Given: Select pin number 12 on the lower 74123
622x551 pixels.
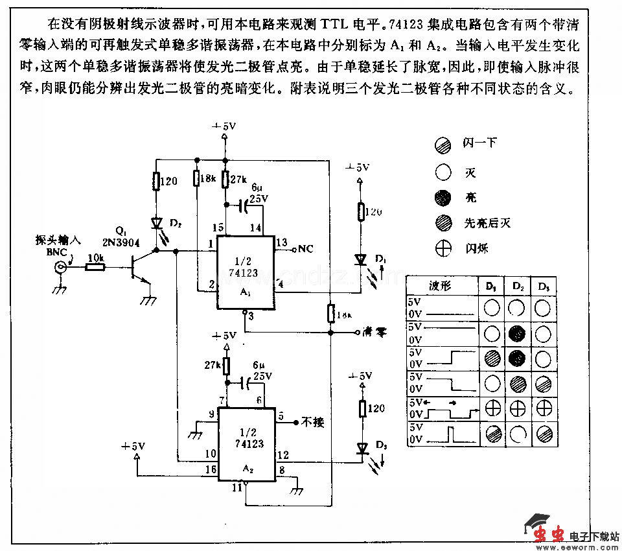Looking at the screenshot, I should [282, 456].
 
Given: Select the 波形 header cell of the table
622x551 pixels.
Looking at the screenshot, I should [441, 285].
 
